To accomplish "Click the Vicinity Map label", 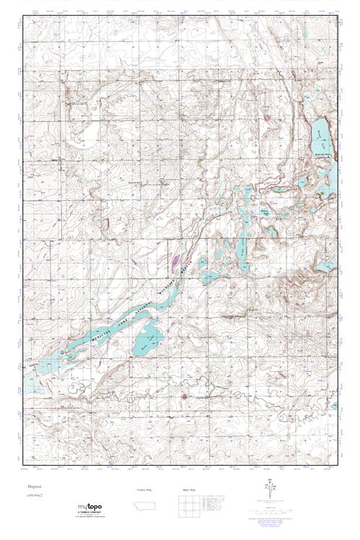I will (145, 490).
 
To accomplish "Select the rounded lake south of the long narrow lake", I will (147, 338).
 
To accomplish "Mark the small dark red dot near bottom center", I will (184, 395).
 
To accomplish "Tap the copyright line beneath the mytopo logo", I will (89, 516).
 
